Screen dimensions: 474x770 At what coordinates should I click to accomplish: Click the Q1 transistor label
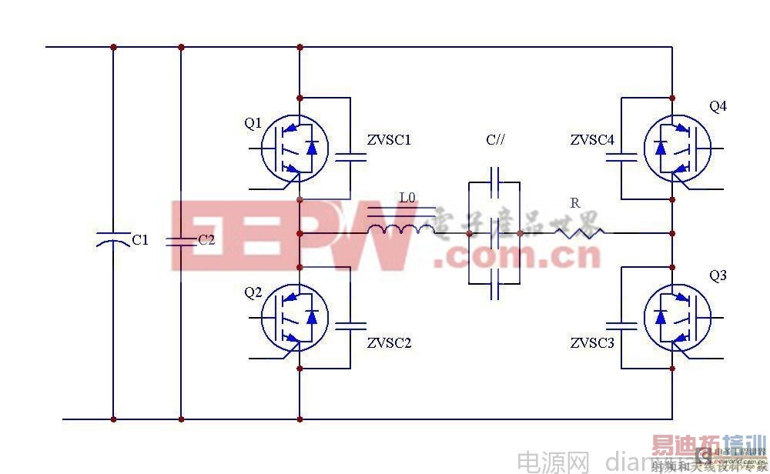253,122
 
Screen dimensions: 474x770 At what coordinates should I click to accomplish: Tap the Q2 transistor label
253,292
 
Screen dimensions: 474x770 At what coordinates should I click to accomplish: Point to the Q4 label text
718,106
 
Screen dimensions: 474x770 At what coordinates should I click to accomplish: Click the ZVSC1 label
389,141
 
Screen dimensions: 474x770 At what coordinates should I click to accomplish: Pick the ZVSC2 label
389,342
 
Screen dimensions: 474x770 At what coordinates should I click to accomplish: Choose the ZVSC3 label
593,342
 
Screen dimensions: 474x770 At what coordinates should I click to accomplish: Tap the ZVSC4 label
593,141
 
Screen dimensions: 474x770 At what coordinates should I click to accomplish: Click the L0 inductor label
407,199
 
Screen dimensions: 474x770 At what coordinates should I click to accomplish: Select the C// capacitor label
496,140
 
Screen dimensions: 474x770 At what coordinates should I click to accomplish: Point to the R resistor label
574,202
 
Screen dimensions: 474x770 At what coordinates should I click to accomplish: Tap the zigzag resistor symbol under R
578,231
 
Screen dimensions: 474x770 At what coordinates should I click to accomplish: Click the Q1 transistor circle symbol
295,149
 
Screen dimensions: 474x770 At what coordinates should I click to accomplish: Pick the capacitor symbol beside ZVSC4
622,157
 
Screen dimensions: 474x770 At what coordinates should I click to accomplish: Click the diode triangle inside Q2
311,316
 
